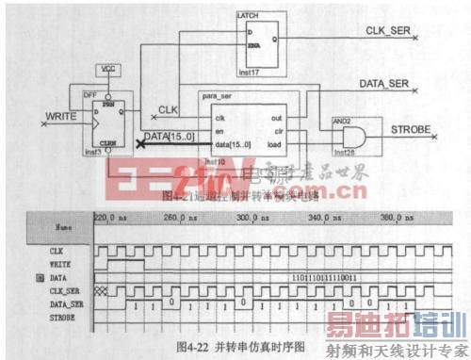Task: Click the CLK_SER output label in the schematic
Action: click(389, 31)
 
